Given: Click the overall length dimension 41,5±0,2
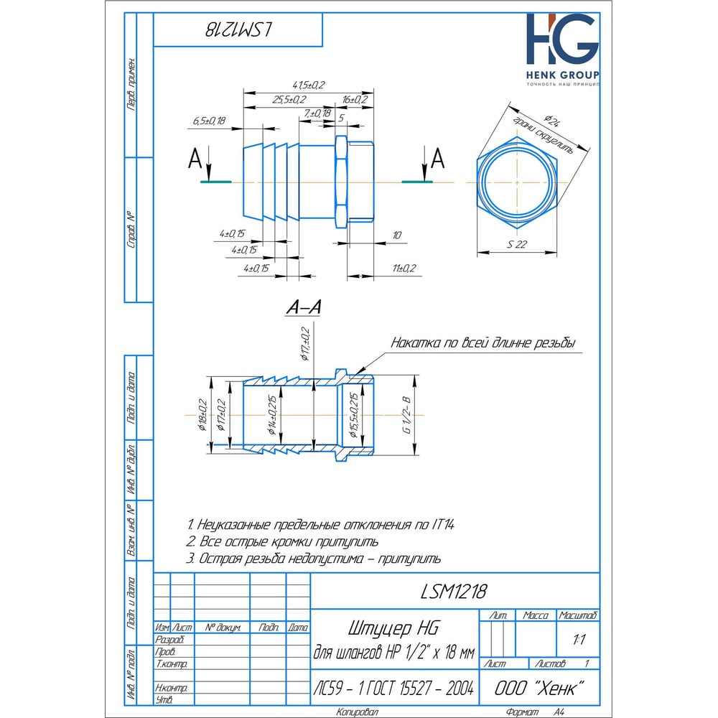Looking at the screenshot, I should [309, 85].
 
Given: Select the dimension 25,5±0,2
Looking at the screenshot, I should [289, 99].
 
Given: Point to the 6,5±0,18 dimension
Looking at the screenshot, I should [208, 121].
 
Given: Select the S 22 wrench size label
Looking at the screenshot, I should [517, 245].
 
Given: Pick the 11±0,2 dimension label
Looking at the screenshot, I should [405, 268].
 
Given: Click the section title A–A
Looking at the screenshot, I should [303, 308].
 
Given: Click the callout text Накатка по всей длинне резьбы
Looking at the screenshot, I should [482, 343].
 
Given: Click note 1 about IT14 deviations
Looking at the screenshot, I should [320, 525].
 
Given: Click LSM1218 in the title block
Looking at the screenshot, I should [454, 592].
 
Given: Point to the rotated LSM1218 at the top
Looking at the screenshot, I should [238, 29].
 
